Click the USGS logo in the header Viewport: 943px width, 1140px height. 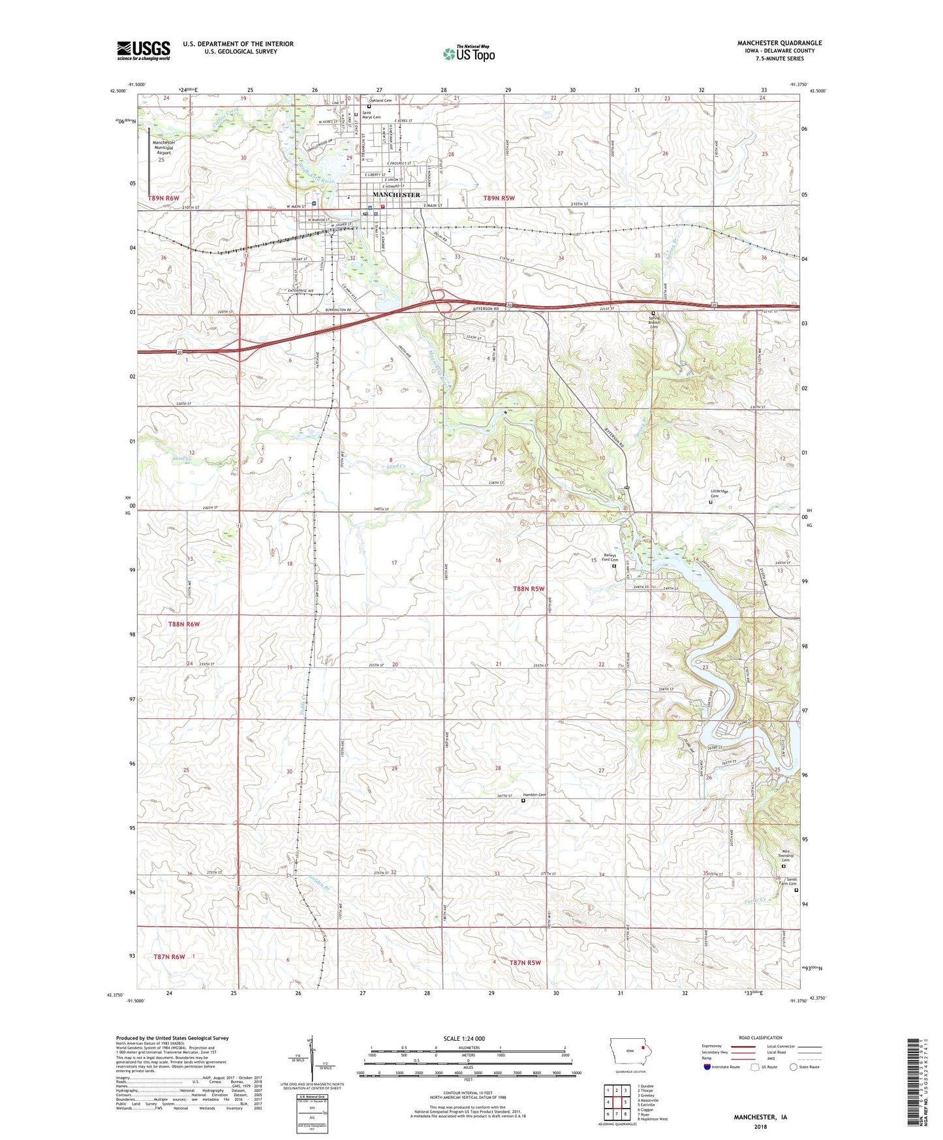tap(144, 50)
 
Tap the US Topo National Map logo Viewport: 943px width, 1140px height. tap(469, 53)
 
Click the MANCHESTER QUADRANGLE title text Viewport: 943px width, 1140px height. tap(779, 43)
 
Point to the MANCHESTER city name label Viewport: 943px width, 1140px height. tap(396, 195)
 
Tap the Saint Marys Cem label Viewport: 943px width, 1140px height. tap(371, 115)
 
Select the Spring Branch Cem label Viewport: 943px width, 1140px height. tap(654, 323)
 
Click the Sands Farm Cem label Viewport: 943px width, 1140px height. tap(792, 881)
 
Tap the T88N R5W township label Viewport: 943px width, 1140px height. tap(528, 589)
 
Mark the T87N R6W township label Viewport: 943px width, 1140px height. tap(169, 957)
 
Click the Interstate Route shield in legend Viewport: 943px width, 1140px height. tap(707, 1067)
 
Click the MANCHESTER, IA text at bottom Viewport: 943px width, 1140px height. tap(760, 1117)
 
